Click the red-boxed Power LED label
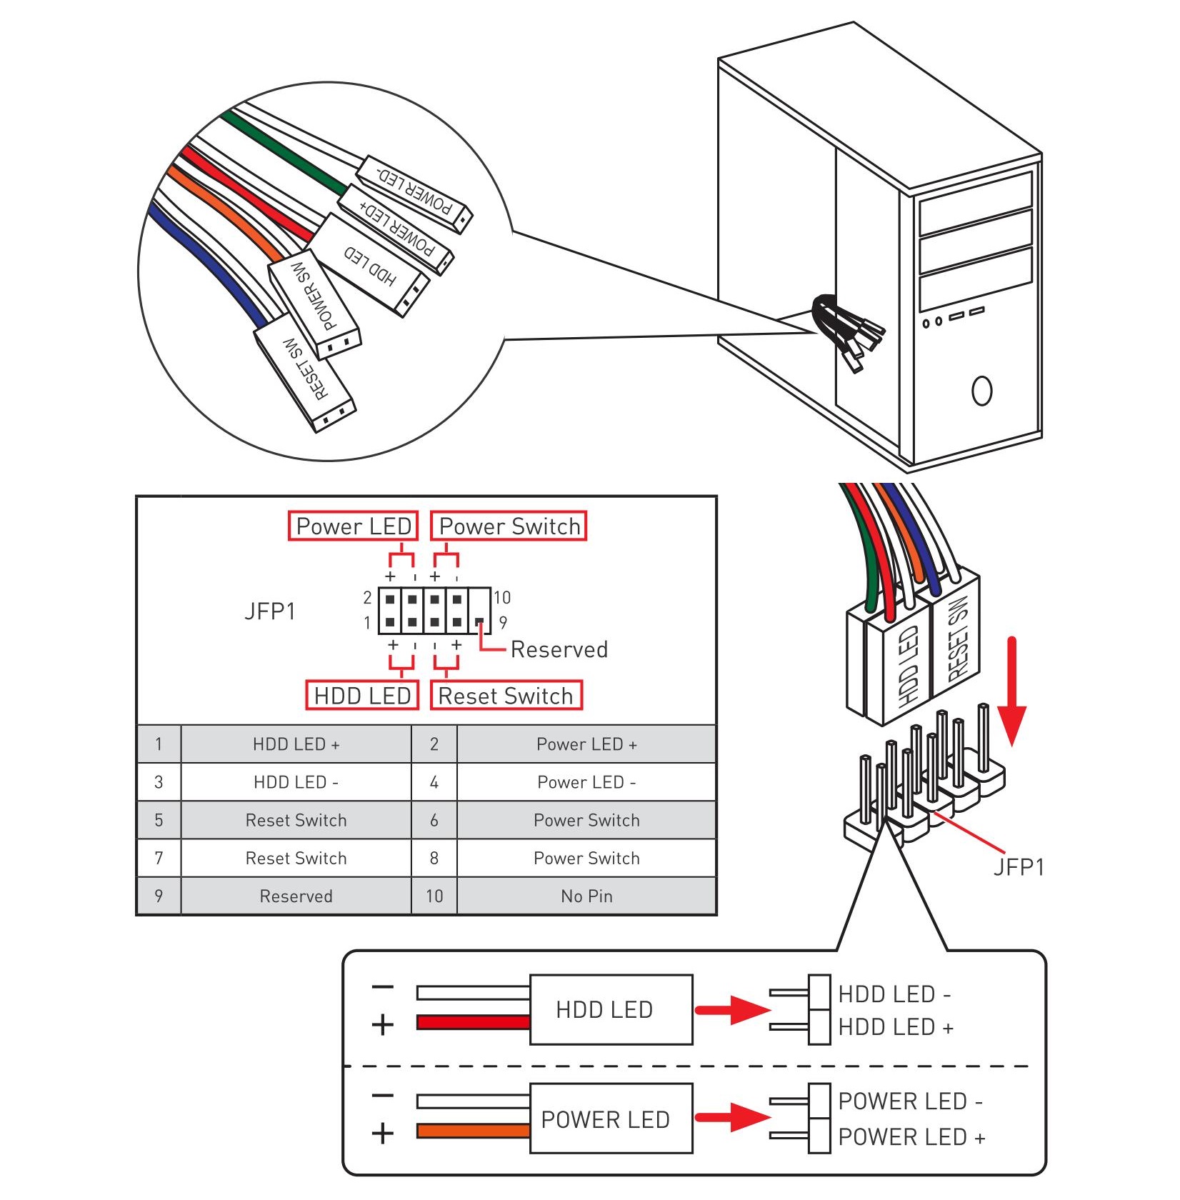coord(353,526)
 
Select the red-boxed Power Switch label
coord(509,526)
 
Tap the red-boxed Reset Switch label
coord(506,696)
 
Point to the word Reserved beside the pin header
coord(559,649)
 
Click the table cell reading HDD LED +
coord(296,744)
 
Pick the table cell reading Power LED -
coord(586,782)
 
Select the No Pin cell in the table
coord(586,896)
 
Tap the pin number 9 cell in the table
coord(159,896)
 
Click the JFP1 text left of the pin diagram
coord(269,611)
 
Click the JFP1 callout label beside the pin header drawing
coord(1019,867)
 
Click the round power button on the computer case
coord(981,391)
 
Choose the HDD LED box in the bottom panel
coord(611,1009)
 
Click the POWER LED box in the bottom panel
coord(611,1119)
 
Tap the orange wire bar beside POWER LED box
coord(473,1131)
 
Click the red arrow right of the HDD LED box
coord(731,1009)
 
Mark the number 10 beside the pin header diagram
coord(502,597)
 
